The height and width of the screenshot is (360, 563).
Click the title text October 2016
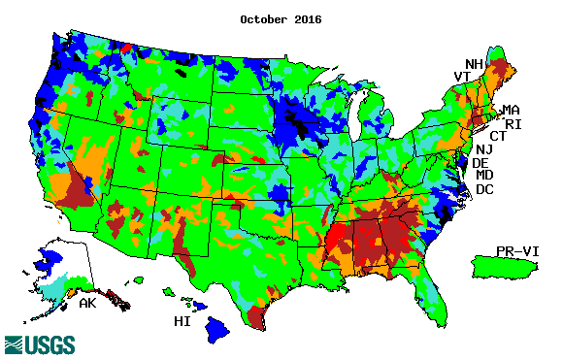[281, 18]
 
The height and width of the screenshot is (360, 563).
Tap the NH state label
[474, 63]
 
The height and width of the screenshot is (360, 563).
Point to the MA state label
[511, 111]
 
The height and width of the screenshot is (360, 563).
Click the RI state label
[514, 124]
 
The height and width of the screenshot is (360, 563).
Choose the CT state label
[498, 136]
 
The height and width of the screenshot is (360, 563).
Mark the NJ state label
[484, 149]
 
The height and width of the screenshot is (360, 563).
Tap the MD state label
[484, 176]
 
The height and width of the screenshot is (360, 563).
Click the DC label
[484, 189]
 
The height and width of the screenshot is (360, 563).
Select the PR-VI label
[515, 250]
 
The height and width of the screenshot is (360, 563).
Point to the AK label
[87, 304]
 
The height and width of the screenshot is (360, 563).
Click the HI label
[182, 321]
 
